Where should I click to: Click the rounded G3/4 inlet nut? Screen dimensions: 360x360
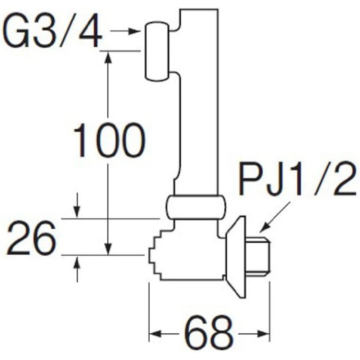157,51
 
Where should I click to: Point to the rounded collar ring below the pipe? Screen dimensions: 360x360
195,207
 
